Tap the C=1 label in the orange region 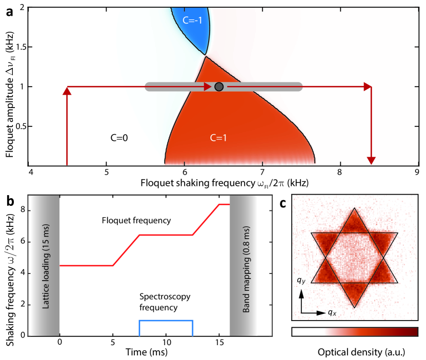pos(221,138)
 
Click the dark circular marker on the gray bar pos(219,87)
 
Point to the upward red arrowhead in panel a pos(67,91)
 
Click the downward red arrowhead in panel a pos(371,161)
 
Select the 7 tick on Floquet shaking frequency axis pos(262,172)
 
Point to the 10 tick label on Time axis pos(165,342)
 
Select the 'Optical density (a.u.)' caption pos(355,353)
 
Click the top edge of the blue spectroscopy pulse pos(165,321)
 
